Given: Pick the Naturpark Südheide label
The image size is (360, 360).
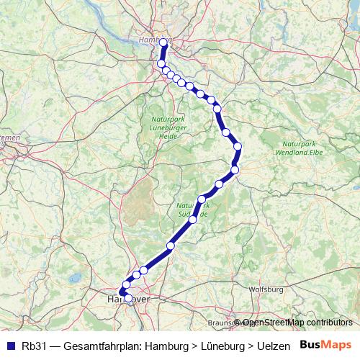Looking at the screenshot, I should pyautogui.click(x=193, y=210).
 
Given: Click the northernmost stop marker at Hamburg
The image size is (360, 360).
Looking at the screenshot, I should pyautogui.click(x=163, y=42).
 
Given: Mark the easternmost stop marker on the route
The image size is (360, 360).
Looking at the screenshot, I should pyautogui.click(x=238, y=147).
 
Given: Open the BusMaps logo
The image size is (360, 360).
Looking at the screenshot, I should pyautogui.click(x=326, y=345).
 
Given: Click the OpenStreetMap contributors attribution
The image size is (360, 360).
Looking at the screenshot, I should pyautogui.click(x=297, y=323).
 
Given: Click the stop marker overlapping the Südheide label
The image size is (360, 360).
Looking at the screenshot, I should pyautogui.click(x=202, y=199).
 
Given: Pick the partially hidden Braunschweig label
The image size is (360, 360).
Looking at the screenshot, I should pyautogui.click(x=220, y=323).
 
